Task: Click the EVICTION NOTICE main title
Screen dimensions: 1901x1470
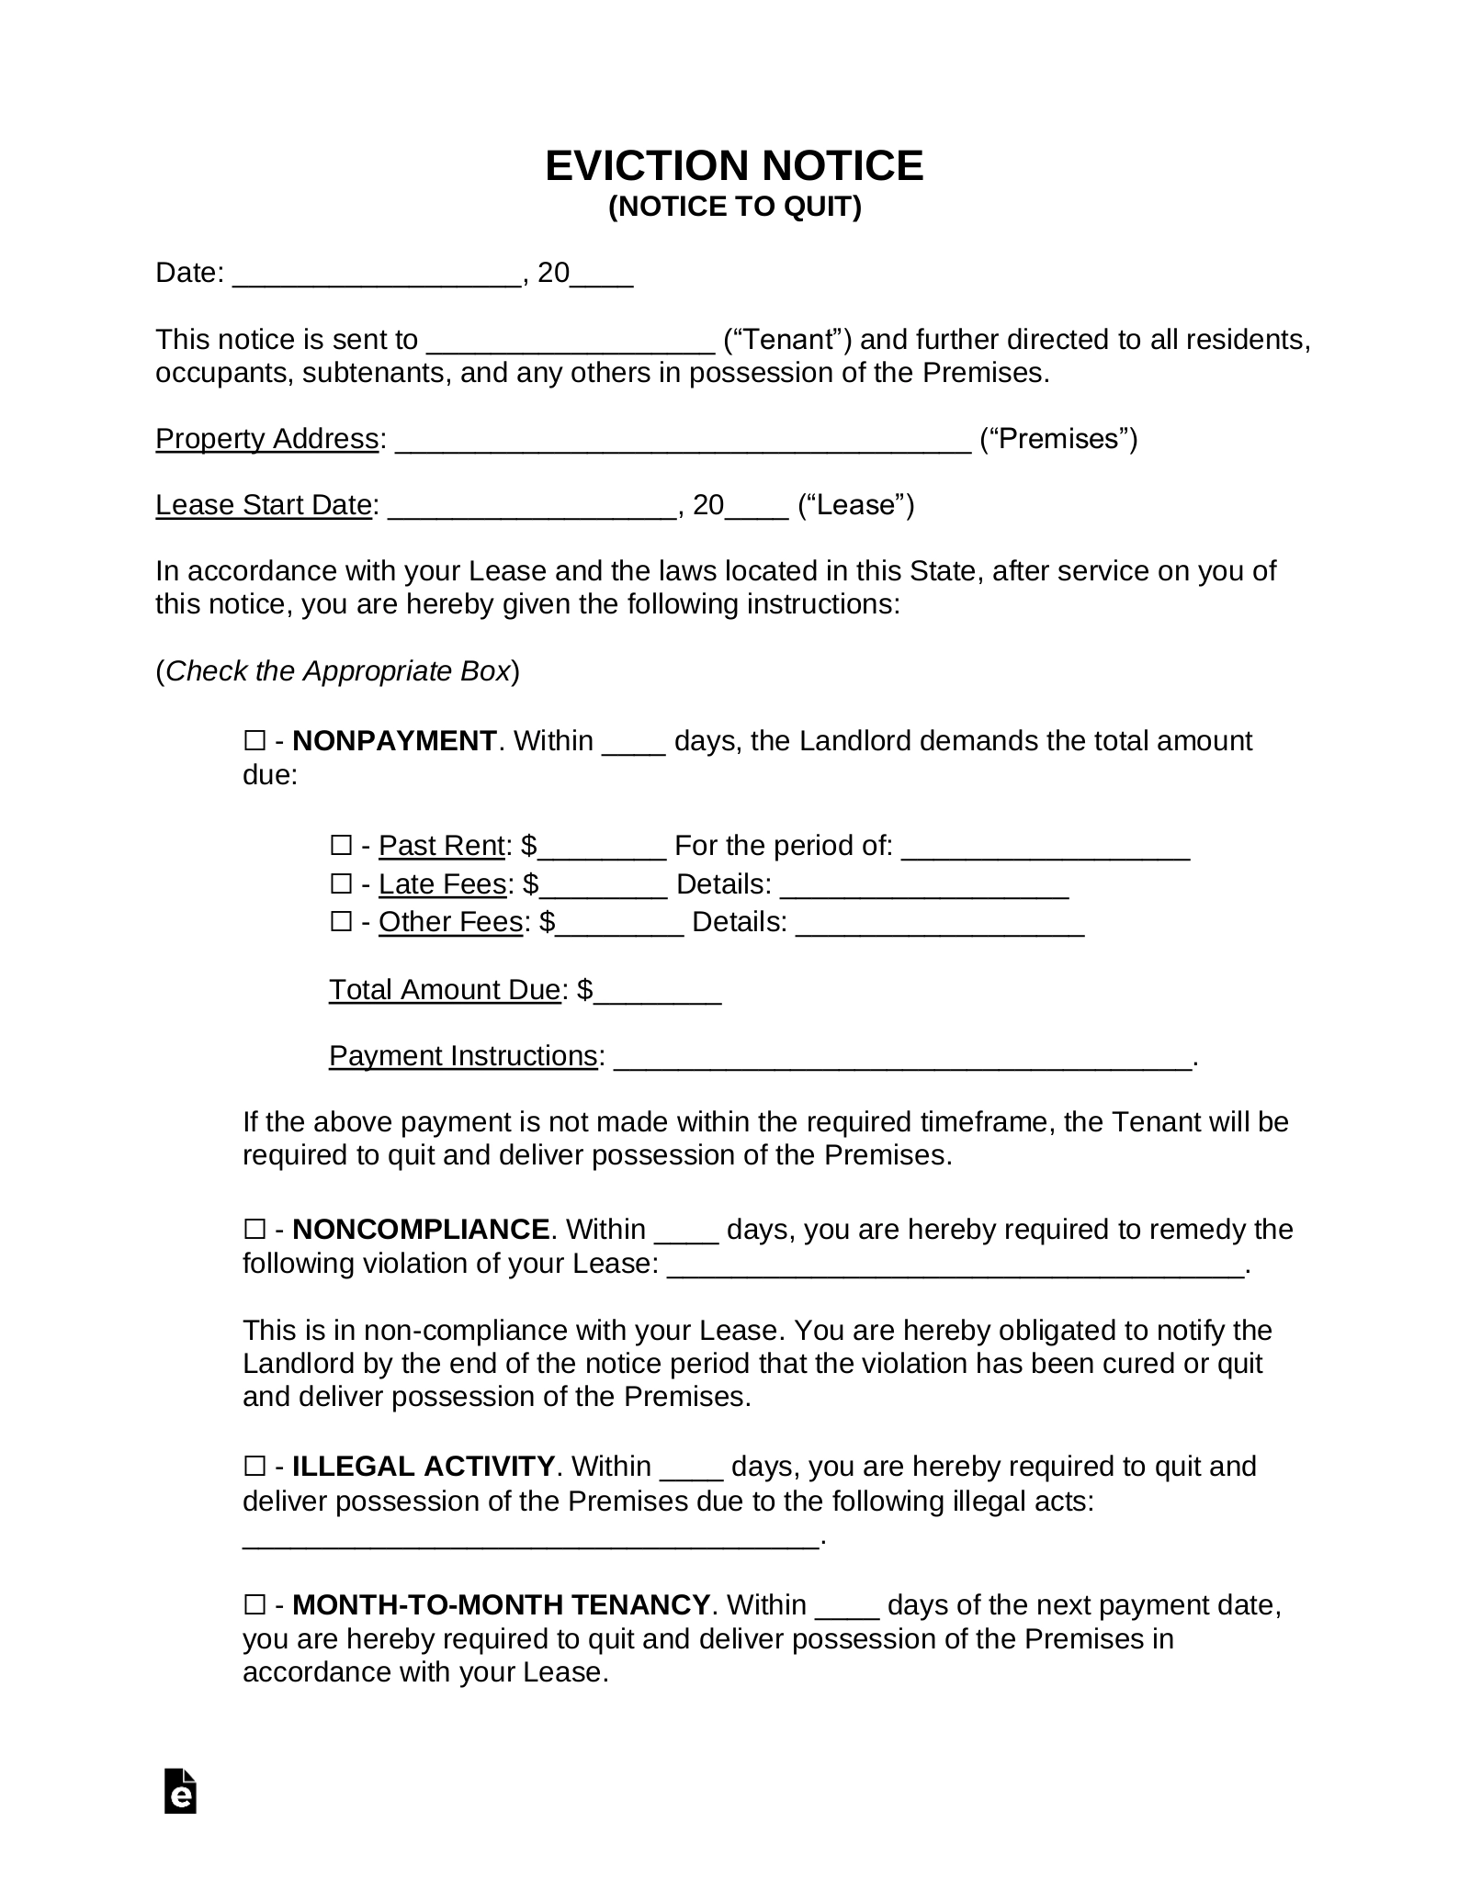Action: (734, 166)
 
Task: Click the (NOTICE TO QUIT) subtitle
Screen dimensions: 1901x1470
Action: (734, 208)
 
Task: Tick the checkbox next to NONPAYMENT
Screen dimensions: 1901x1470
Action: (254, 740)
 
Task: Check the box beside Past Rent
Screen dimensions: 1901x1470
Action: (341, 845)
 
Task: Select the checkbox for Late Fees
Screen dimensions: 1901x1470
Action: (341, 883)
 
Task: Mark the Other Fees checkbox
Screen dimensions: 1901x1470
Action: (341, 921)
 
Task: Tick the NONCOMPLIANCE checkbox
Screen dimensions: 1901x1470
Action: (254, 1229)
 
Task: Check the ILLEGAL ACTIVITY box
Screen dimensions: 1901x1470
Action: (254, 1466)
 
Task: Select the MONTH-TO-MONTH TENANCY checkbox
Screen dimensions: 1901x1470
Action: (254, 1604)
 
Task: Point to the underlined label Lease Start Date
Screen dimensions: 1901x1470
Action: (263, 505)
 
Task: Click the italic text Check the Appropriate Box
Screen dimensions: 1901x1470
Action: (337, 671)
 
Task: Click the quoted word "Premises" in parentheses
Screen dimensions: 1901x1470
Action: (1058, 439)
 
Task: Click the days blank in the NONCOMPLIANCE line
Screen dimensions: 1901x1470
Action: (686, 1232)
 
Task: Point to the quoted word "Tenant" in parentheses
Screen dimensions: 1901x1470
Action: (788, 340)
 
